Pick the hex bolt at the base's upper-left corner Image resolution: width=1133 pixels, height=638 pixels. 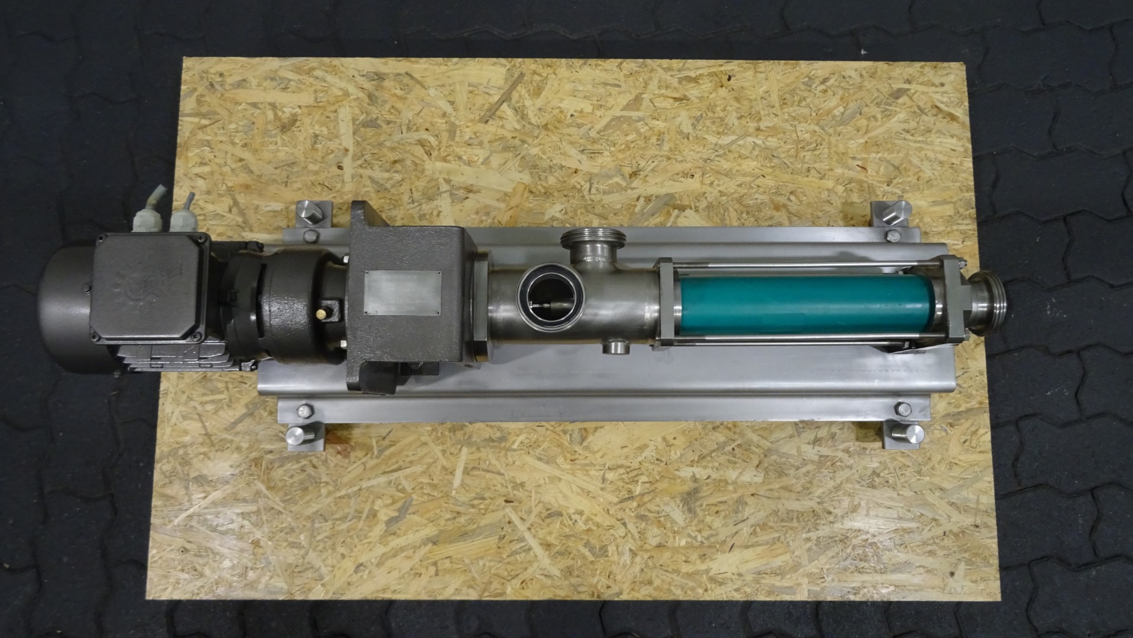click(x=309, y=236)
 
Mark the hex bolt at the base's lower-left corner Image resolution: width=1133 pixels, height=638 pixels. click(x=306, y=410)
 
